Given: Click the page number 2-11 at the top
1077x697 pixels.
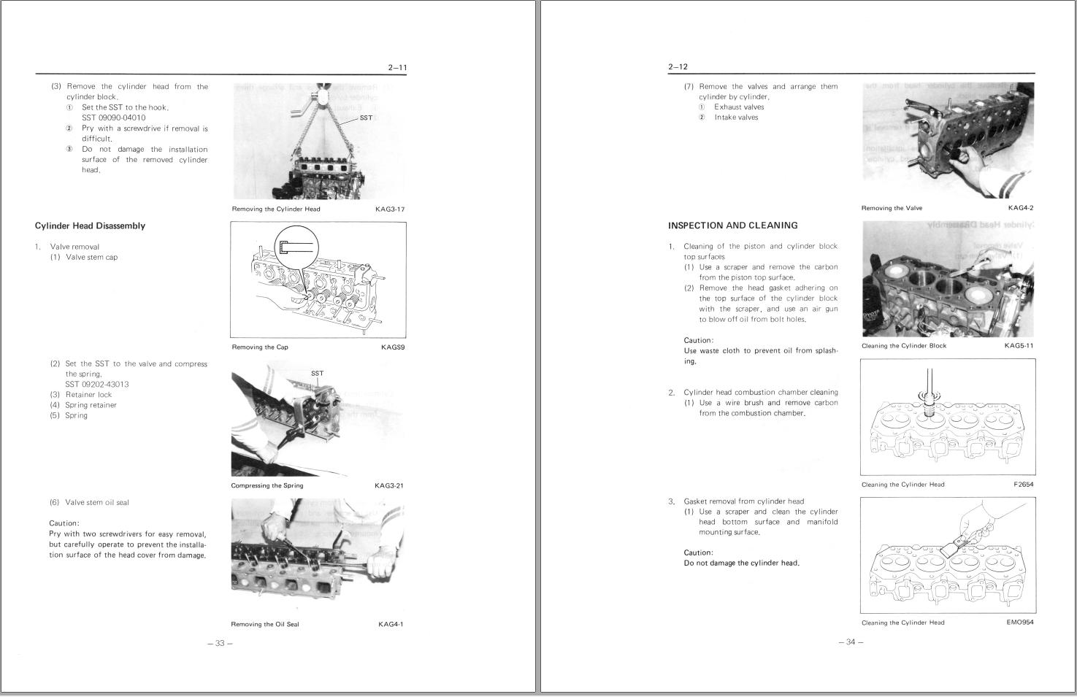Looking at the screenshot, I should tap(397, 68).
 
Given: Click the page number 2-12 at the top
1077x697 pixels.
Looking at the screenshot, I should tap(678, 67).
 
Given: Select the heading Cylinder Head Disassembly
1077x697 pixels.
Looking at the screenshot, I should tap(90, 226).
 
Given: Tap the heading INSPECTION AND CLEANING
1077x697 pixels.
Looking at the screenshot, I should tap(732, 226).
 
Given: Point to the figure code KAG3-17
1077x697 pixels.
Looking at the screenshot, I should tap(390, 209).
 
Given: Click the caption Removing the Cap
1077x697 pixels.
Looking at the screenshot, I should tap(260, 347).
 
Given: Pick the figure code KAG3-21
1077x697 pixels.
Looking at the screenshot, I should tap(389, 486).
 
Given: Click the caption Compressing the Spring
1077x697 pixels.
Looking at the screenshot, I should tap(267, 486).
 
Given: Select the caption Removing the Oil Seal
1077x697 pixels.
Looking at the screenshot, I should tap(264, 625).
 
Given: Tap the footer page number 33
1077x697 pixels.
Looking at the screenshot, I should tap(219, 643).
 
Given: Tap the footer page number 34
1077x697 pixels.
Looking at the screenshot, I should tap(850, 642).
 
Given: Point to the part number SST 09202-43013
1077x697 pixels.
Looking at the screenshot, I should tap(96, 385).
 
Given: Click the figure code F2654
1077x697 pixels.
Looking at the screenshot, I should tap(1023, 485).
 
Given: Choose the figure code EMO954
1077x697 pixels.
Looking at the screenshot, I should tap(1019, 623).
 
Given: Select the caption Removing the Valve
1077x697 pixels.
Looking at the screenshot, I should tap(892, 209).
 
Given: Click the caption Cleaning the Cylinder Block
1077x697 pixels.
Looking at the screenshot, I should tap(903, 346).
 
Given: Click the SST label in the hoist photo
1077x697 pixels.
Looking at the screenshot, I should tap(366, 118).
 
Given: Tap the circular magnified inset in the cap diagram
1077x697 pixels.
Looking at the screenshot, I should tap(296, 248).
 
